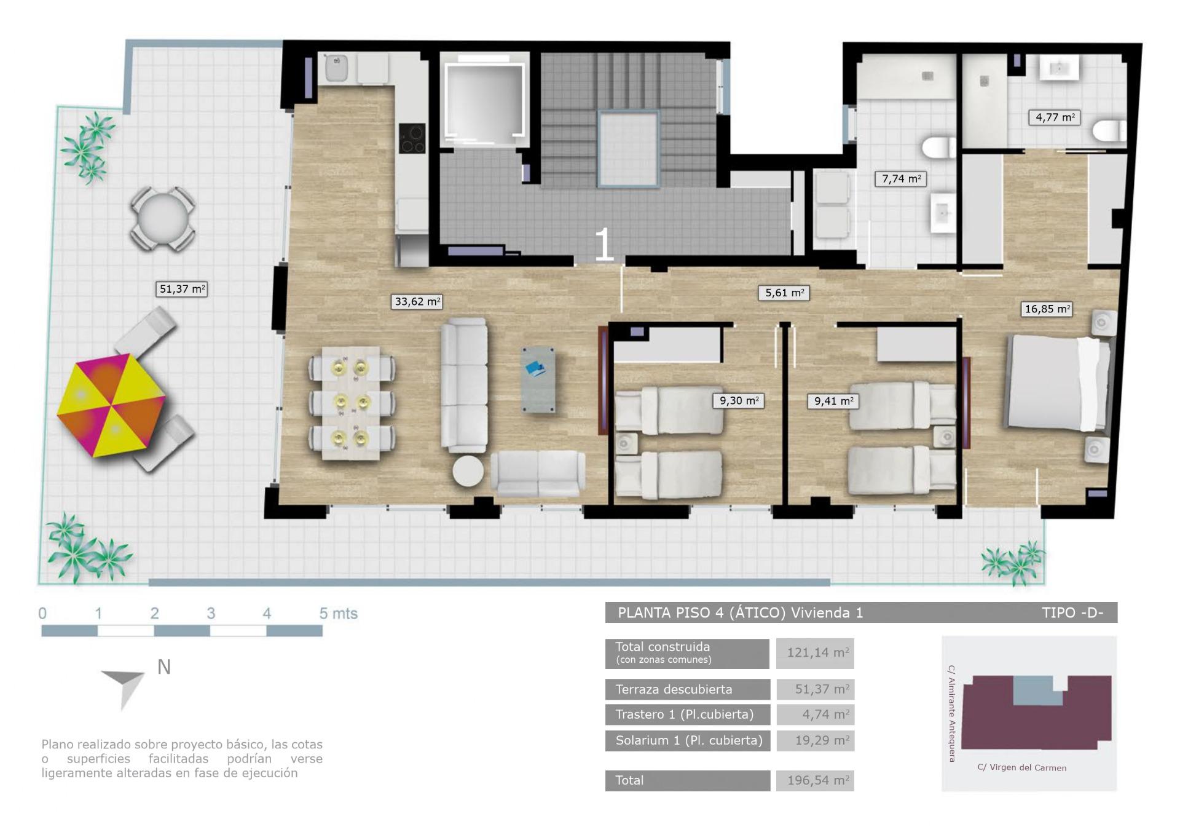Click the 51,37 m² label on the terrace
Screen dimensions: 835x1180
[182, 289]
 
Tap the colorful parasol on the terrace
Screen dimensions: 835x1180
[111, 406]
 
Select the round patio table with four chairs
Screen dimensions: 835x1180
[163, 219]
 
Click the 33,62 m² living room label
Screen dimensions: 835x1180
[417, 302]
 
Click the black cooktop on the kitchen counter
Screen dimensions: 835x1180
[412, 138]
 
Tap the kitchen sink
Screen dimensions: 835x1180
[336, 68]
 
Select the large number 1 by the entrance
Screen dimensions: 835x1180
[604, 244]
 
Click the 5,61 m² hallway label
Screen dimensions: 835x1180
[784, 293]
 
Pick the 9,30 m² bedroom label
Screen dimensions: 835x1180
[739, 401]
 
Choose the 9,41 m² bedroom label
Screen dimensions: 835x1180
[833, 402]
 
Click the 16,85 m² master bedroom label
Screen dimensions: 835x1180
[1047, 309]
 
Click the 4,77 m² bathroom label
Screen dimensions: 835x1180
[1055, 117]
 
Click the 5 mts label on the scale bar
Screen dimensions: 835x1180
[338, 614]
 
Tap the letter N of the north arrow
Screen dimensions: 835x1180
[164, 667]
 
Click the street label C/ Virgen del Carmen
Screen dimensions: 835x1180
[1021, 767]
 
